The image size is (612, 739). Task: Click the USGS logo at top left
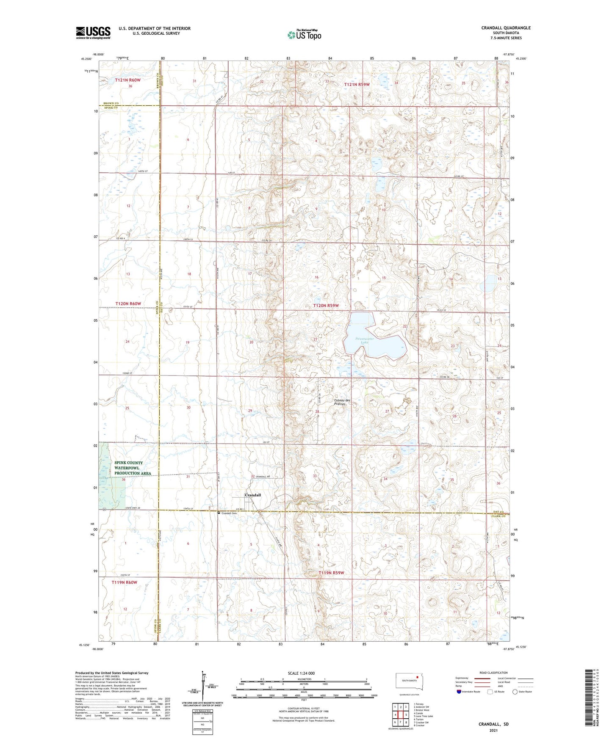pos(93,32)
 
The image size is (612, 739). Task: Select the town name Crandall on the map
pos(253,495)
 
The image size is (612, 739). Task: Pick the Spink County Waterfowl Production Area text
pos(133,468)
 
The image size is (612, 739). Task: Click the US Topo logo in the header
pos(305,35)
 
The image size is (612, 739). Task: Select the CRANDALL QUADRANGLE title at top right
pos(506,28)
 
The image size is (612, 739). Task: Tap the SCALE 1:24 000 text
pos(301,673)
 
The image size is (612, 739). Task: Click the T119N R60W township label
pos(125,582)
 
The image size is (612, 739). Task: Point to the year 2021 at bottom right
pos(493,730)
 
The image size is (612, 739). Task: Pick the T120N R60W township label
pos(128,304)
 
